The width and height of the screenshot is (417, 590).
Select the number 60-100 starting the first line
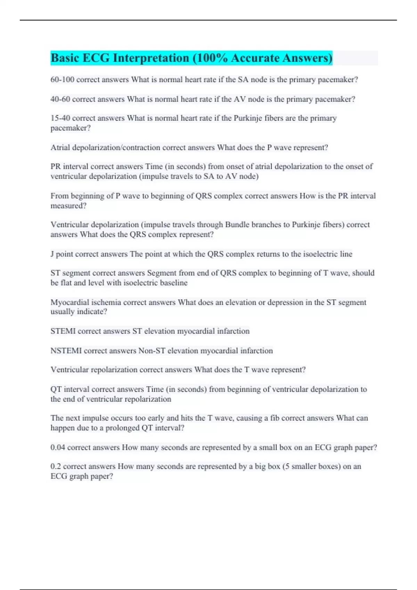62,79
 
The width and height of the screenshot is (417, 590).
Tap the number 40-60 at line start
60,99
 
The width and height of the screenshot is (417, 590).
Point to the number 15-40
60,118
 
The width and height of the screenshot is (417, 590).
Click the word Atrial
60,147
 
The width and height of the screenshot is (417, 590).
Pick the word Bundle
237,225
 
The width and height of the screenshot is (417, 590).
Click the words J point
62,254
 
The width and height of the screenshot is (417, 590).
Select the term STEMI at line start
63,331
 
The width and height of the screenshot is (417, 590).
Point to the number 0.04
58,447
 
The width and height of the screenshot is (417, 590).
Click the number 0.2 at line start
56,466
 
